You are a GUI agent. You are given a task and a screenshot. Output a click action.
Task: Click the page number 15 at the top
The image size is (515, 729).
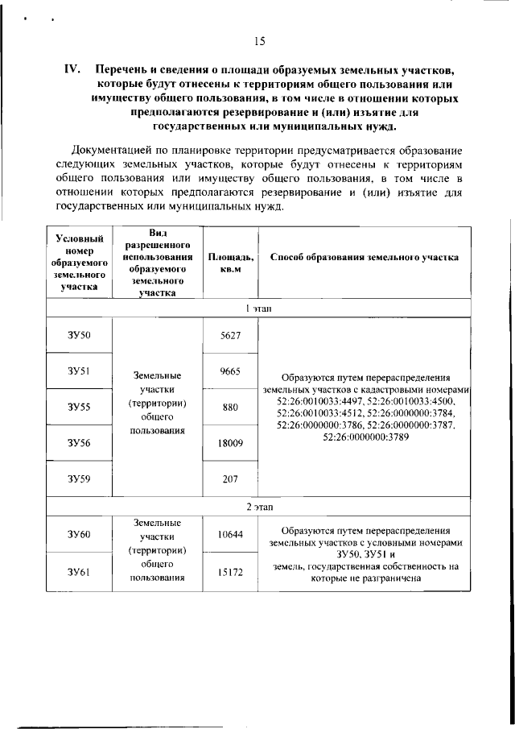pyautogui.click(x=259, y=42)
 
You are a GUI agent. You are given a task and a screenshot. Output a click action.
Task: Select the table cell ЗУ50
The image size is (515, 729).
pyautogui.click(x=79, y=335)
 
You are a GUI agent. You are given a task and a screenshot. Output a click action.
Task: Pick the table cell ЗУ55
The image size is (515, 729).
pyautogui.click(x=79, y=407)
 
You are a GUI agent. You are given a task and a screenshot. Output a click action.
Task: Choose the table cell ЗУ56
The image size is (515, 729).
pyautogui.click(x=79, y=442)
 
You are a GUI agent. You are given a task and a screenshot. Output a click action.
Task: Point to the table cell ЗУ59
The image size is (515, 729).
pyautogui.click(x=79, y=478)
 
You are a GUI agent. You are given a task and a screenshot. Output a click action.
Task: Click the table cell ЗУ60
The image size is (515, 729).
pyautogui.click(x=79, y=534)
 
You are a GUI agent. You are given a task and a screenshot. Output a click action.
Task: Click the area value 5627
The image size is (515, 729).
pyautogui.click(x=230, y=335)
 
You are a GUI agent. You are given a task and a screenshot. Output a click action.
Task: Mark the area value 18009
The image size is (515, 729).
pyautogui.click(x=230, y=442)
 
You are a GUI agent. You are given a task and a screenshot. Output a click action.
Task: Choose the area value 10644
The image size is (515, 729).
pyautogui.click(x=230, y=534)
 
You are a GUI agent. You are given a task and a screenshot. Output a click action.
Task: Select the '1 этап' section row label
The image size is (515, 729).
pyautogui.click(x=258, y=309)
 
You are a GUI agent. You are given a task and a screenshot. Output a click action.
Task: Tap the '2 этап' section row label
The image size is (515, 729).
pyautogui.click(x=258, y=507)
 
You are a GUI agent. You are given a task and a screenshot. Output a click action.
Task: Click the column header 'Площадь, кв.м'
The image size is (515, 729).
pyautogui.click(x=230, y=263)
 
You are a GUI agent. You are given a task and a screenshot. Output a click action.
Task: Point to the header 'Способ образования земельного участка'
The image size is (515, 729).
pyautogui.click(x=365, y=258)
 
